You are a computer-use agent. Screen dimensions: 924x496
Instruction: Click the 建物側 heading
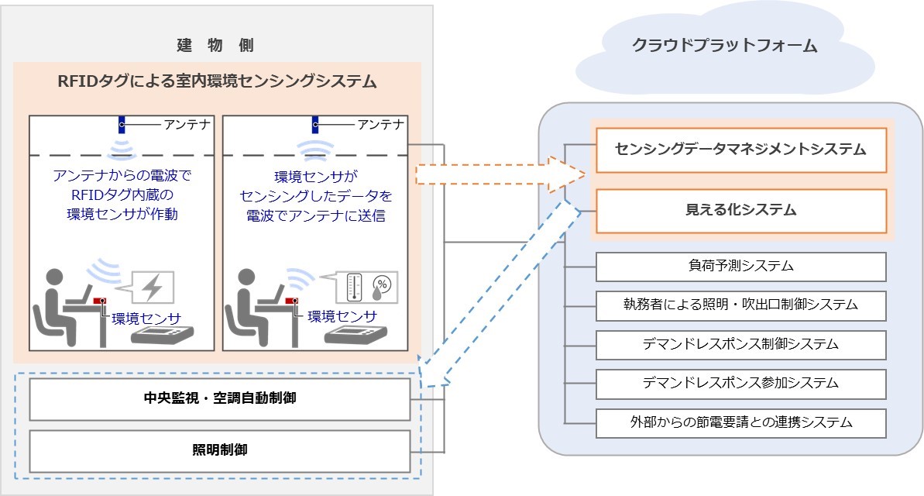pyautogui.click(x=215, y=46)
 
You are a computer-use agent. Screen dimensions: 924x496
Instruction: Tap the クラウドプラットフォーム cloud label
pyautogui.click(x=725, y=46)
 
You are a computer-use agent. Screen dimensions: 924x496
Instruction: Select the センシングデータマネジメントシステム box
pyautogui.click(x=741, y=150)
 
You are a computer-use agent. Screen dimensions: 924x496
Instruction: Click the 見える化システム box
pyautogui.click(x=741, y=211)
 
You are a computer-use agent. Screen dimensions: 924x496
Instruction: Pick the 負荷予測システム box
pyautogui.click(x=741, y=267)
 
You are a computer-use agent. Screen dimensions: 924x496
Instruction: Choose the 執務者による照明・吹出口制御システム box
pyautogui.click(x=741, y=305)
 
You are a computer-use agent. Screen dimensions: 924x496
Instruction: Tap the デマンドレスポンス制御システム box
pyautogui.click(x=741, y=345)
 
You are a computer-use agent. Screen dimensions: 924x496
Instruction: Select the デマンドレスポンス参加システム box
pyautogui.click(x=741, y=384)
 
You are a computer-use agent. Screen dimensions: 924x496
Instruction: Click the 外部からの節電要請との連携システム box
pyautogui.click(x=741, y=423)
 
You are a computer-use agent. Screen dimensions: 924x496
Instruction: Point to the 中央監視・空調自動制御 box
pyautogui.click(x=220, y=399)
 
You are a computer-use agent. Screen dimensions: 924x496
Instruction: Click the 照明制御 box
pyautogui.click(x=220, y=450)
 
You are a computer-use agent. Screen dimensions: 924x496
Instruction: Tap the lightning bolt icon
pyautogui.click(x=153, y=288)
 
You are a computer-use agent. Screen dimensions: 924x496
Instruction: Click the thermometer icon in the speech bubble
pyautogui.click(x=354, y=288)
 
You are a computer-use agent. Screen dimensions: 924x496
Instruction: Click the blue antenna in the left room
pyautogui.click(x=122, y=125)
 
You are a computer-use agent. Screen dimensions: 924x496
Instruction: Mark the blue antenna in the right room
pyautogui.click(x=315, y=125)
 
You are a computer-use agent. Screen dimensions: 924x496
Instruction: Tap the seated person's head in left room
pyautogui.click(x=54, y=278)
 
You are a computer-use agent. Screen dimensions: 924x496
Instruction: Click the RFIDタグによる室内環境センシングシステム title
pyautogui.click(x=217, y=81)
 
